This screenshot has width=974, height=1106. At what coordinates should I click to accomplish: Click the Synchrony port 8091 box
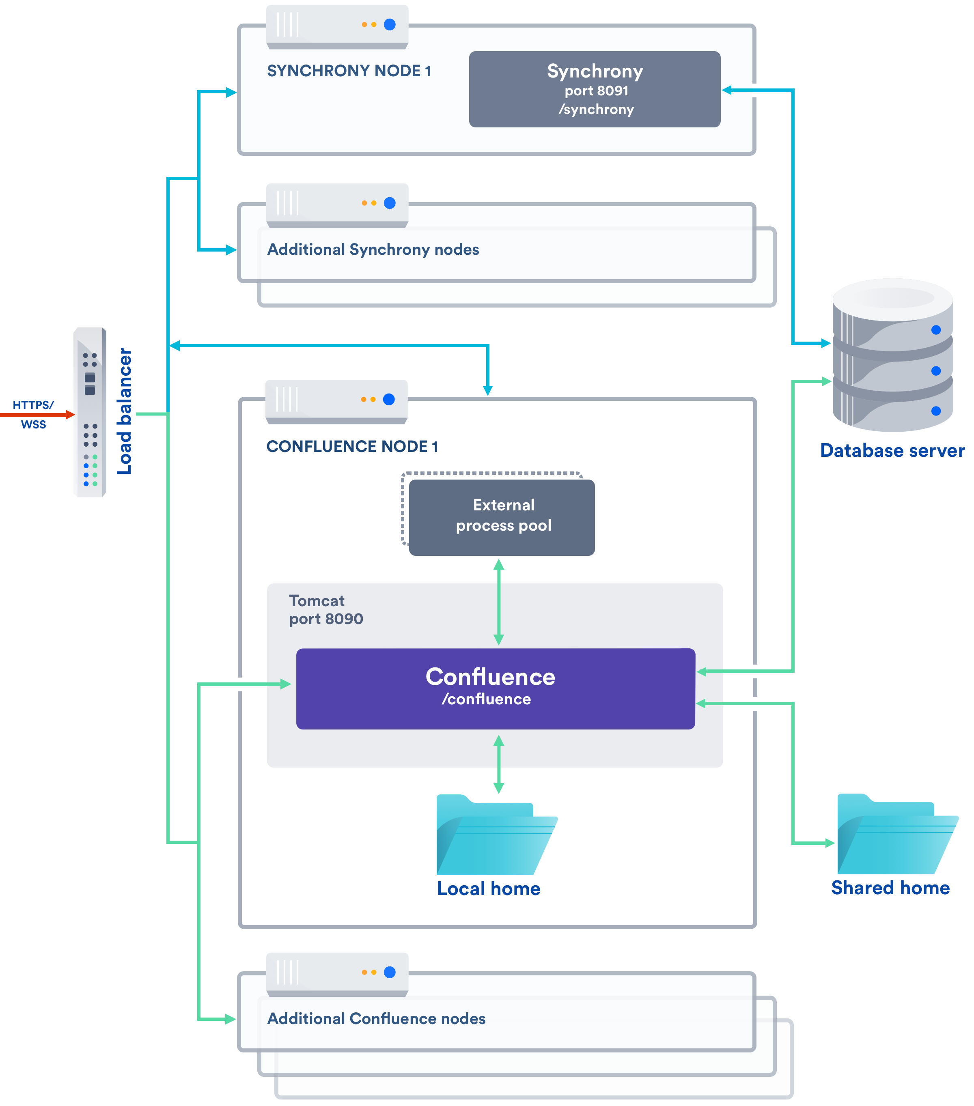(x=594, y=89)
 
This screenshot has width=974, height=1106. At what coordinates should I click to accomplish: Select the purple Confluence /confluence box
(x=495, y=688)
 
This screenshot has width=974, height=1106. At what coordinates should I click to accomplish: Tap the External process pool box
(x=502, y=517)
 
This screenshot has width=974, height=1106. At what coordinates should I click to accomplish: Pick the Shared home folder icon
(x=896, y=835)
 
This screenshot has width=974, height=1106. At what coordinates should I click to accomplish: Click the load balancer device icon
(x=90, y=412)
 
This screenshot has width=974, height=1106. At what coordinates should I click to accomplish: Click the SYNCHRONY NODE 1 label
(x=349, y=71)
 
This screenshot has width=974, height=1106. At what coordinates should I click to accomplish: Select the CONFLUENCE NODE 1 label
(x=352, y=446)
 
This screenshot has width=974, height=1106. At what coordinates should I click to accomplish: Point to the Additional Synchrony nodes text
(x=373, y=250)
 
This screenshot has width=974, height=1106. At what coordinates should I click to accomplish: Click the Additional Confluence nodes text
(x=376, y=1018)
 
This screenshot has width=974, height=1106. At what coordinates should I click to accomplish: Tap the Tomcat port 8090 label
(x=326, y=610)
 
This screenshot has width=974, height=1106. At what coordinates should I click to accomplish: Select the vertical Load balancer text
(x=125, y=411)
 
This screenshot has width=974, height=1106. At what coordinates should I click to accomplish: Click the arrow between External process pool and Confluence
(x=498, y=602)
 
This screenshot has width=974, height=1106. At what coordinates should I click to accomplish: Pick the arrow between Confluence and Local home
(x=498, y=764)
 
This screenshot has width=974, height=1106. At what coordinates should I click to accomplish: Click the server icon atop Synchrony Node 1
(x=337, y=26)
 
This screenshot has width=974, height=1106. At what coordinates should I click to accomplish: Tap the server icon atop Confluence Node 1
(x=336, y=401)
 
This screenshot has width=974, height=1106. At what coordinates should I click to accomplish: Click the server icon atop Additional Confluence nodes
(x=337, y=974)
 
